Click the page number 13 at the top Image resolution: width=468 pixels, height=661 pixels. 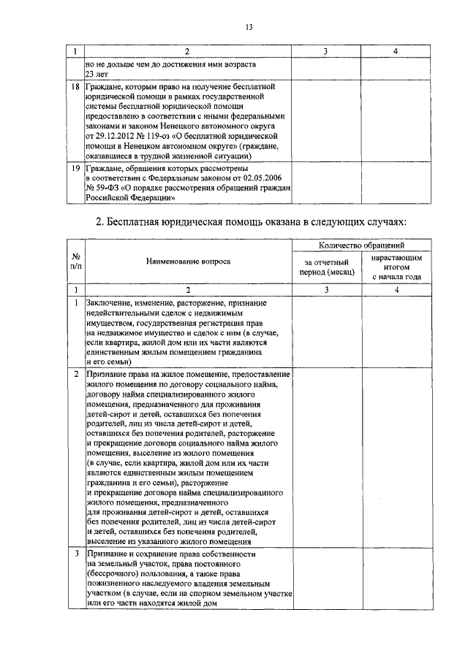[249, 28]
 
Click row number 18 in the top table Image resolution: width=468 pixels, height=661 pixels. [75, 87]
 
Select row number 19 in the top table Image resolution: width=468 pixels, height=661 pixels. [75, 169]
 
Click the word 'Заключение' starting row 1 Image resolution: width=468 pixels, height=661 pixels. [107, 302]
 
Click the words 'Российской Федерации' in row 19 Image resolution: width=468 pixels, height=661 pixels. [130, 197]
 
